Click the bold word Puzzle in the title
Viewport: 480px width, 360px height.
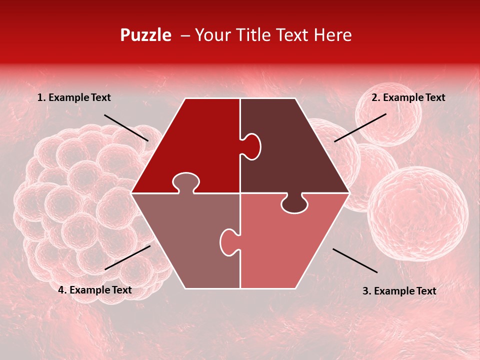pos(145,35)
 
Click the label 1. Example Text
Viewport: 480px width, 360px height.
pos(74,98)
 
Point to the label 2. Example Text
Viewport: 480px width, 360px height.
pos(408,98)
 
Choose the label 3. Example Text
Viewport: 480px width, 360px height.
pos(399,291)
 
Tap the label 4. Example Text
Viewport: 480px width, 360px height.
pos(95,290)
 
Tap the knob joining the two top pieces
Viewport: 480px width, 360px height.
pos(252,146)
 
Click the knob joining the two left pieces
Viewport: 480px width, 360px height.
pos(185,182)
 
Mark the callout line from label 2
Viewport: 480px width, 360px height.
pos(360,127)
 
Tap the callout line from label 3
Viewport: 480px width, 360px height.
pos(355,260)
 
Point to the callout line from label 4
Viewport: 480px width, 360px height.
pos(127,257)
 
